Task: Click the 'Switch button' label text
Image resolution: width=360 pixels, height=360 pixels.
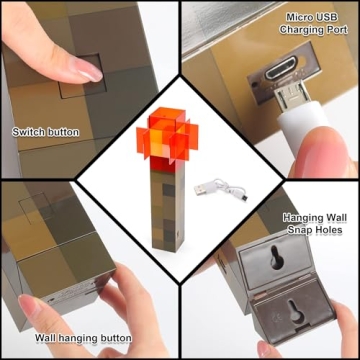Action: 46,132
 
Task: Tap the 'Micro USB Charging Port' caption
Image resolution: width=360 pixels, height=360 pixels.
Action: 313,23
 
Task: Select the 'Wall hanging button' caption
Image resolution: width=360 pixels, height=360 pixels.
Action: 83,338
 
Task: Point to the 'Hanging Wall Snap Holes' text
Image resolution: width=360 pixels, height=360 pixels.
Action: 315,224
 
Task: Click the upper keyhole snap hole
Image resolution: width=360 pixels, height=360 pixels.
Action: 276,257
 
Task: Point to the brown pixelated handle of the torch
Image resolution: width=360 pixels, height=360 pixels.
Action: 168,207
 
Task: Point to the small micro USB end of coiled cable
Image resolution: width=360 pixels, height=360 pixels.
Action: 245,198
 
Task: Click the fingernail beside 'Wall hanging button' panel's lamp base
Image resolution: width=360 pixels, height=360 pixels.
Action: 31,306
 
